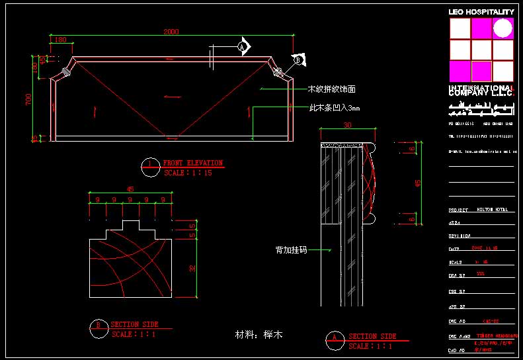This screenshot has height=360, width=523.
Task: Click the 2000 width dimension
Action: click(x=171, y=31)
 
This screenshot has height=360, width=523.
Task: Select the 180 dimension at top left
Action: click(x=61, y=40)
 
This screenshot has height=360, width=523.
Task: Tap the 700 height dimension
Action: click(x=28, y=99)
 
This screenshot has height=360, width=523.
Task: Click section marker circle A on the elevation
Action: click(x=242, y=47)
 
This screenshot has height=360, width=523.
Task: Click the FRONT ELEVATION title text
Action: click(x=192, y=163)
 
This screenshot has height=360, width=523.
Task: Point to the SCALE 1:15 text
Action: click(x=188, y=173)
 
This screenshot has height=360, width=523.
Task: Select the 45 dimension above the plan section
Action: click(x=130, y=189)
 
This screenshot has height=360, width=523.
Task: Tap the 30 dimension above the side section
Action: click(x=348, y=125)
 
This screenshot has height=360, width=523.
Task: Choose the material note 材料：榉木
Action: click(x=259, y=335)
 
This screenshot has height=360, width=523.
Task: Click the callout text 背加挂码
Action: click(x=292, y=250)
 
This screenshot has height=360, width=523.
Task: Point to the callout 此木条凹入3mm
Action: click(x=335, y=108)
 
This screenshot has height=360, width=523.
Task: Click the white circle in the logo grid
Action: click(x=503, y=28)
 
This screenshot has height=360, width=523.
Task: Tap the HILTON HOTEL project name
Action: click(x=493, y=210)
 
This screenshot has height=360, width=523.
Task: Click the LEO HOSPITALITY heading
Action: click(x=481, y=12)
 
